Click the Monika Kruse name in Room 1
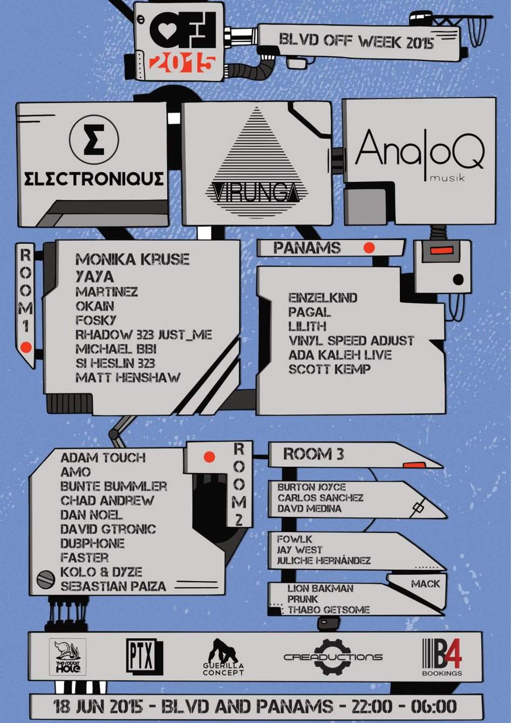click(132, 260)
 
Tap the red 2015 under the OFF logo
click(182, 63)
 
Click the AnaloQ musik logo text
click(419, 152)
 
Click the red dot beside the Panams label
click(369, 248)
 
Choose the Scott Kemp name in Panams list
click(329, 370)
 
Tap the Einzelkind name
click(322, 297)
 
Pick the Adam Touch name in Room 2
click(103, 458)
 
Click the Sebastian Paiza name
click(113, 586)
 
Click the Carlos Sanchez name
click(320, 497)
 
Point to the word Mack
click(425, 584)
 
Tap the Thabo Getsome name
click(328, 610)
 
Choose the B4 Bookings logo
click(441, 656)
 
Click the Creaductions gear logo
click(332, 657)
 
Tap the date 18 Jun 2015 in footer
click(98, 706)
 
